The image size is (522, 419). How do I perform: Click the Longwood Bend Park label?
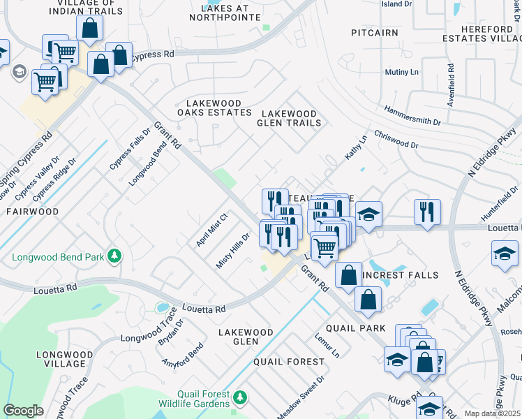pyautogui.click(x=57, y=258)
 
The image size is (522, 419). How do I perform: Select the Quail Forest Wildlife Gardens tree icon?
pyautogui.click(x=240, y=397)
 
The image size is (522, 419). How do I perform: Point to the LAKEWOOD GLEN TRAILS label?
pyautogui.click(x=289, y=118)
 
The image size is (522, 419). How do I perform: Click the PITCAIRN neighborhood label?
pyautogui.click(x=375, y=33)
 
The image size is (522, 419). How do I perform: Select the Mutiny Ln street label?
pyautogui.click(x=401, y=72)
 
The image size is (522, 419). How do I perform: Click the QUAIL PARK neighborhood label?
pyautogui.click(x=355, y=328)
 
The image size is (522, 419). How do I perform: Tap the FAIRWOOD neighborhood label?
pyautogui.click(x=33, y=210)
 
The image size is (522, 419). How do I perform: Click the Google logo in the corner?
pyautogui.click(x=23, y=411)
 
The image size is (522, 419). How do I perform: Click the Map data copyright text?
pyautogui.click(x=492, y=413)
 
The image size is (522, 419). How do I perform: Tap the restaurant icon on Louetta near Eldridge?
pyautogui.click(x=427, y=211)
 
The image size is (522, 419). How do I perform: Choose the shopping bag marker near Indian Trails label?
pyautogui.click(x=89, y=29)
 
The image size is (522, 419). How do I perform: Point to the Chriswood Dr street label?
pyautogui.click(x=396, y=140)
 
